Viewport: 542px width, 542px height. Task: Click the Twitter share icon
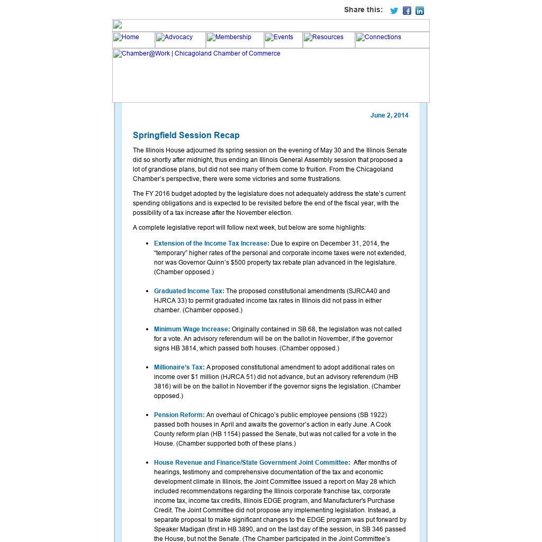(394, 11)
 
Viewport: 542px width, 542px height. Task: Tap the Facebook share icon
(407, 11)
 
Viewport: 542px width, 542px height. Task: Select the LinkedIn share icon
(420, 11)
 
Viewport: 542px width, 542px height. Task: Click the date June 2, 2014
(389, 115)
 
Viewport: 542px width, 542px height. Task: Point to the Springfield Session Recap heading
(186, 135)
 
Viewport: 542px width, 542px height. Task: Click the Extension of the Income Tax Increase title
(211, 243)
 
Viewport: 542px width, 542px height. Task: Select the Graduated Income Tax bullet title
(188, 291)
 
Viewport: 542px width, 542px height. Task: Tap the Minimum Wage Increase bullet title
(192, 329)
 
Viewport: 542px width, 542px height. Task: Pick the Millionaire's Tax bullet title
(179, 367)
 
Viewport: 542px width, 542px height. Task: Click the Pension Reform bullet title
(179, 415)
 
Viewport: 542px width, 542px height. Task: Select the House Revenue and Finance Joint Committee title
(251, 463)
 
